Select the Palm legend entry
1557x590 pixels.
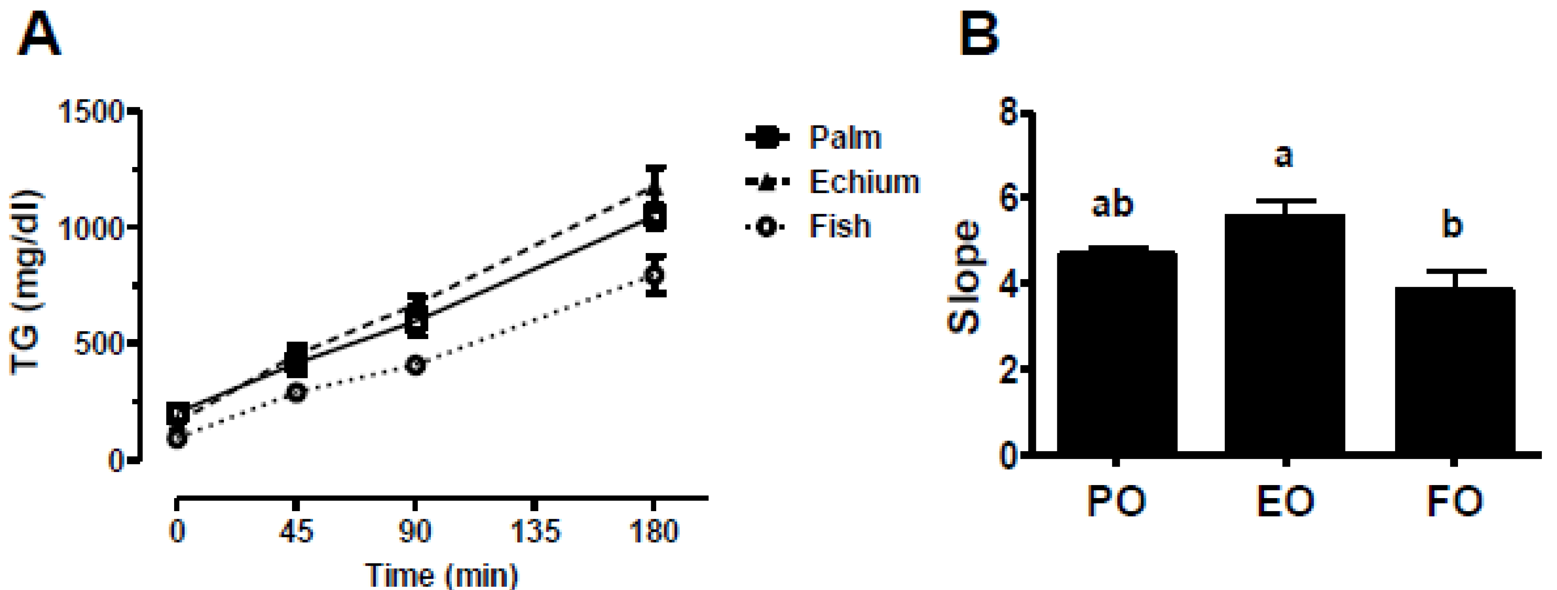click(845, 138)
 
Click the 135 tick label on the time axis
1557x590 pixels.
click(535, 532)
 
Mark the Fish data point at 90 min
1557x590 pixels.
click(416, 365)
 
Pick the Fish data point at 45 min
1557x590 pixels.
click(296, 392)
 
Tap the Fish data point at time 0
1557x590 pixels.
click(177, 438)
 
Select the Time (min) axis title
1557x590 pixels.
click(442, 574)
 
